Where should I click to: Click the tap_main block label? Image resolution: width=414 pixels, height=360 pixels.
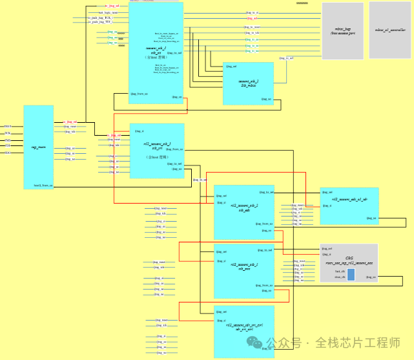(x=38, y=147)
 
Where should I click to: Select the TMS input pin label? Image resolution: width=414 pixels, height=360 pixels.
(x=8, y=140)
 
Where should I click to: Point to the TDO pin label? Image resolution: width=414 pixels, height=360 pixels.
(x=8, y=153)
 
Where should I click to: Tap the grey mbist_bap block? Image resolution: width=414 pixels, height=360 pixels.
(x=342, y=30)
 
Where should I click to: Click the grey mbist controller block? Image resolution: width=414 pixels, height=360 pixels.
(x=389, y=30)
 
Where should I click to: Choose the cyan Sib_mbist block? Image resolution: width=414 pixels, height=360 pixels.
(x=248, y=83)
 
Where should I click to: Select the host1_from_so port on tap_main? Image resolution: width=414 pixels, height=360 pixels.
(x=43, y=185)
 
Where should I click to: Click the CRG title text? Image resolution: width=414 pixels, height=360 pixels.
(x=349, y=258)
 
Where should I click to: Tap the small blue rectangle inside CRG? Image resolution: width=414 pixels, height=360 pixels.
(x=351, y=275)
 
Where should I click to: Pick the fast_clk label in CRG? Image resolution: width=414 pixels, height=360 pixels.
(x=340, y=271)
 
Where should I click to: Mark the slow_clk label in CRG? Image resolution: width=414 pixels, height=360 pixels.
(x=340, y=277)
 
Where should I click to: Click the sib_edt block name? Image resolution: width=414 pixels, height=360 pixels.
(x=243, y=210)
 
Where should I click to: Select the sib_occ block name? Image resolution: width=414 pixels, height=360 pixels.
(x=243, y=268)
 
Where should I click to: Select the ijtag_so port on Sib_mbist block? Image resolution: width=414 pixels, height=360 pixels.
(x=265, y=100)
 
